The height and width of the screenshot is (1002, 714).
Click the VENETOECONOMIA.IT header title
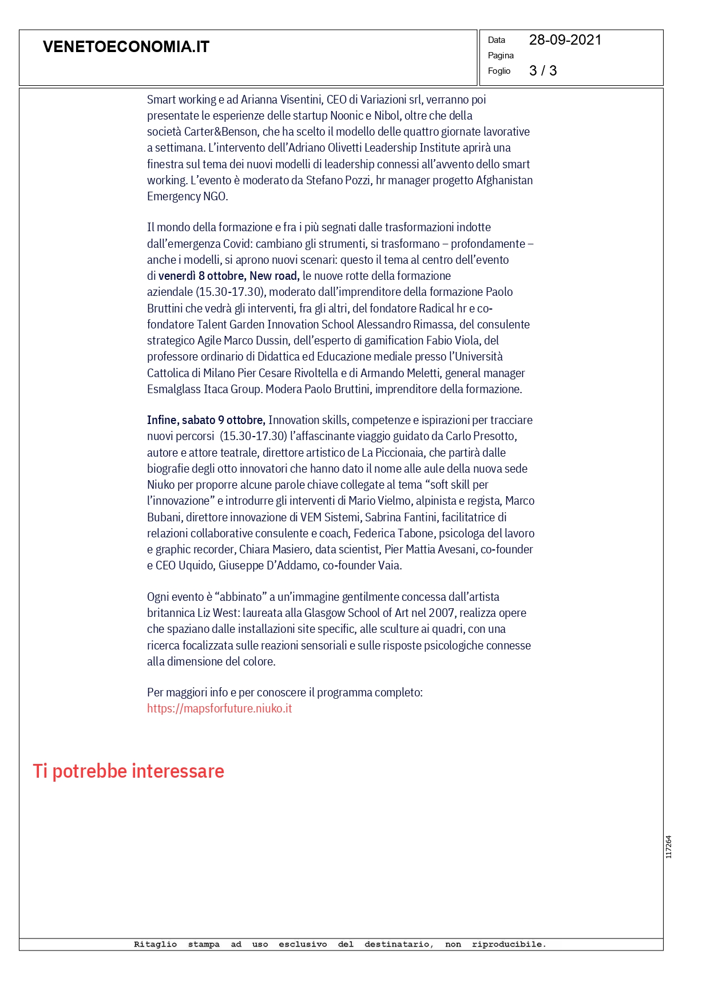pyautogui.click(x=126, y=47)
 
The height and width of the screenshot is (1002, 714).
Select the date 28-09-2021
pyautogui.click(x=565, y=40)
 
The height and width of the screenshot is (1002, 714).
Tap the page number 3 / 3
pyautogui.click(x=542, y=71)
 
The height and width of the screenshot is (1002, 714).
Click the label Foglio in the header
pyautogui.click(x=499, y=71)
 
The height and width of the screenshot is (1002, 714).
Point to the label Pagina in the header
pyautogui.click(x=501, y=56)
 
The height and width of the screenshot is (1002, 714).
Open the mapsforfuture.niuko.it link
pyautogui.click(x=219, y=708)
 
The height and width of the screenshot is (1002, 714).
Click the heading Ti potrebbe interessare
pyautogui.click(x=128, y=771)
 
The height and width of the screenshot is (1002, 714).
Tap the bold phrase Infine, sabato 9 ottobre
pyautogui.click(x=206, y=420)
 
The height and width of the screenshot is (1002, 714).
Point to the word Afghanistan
pyautogui.click(x=504, y=180)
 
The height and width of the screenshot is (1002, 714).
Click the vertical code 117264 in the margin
pyautogui.click(x=668, y=847)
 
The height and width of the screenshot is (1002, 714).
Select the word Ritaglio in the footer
pyautogui.click(x=155, y=944)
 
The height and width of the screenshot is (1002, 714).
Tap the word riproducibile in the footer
pyautogui.click(x=509, y=944)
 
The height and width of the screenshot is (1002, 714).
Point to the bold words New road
pyautogui.click(x=274, y=276)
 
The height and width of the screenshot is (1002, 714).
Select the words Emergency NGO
pyautogui.click(x=187, y=196)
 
